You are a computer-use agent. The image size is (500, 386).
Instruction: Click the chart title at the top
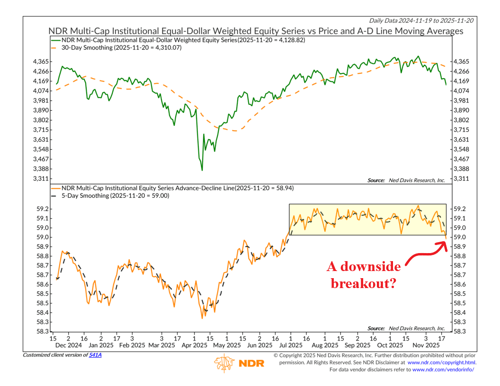click(x=256, y=31)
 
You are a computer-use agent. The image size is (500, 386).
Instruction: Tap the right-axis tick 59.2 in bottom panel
click(x=460, y=209)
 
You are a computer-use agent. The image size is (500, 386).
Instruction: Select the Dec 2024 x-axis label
click(x=68, y=346)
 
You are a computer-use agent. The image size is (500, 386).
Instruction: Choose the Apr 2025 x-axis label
click(x=195, y=346)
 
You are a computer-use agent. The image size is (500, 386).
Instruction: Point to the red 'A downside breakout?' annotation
click(x=364, y=274)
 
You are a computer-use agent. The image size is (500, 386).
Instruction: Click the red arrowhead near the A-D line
click(x=444, y=244)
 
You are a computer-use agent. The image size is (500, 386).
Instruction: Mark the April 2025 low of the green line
click(x=202, y=170)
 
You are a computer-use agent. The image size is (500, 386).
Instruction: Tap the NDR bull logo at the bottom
click(x=224, y=363)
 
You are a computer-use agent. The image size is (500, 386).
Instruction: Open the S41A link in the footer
click(x=95, y=355)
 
